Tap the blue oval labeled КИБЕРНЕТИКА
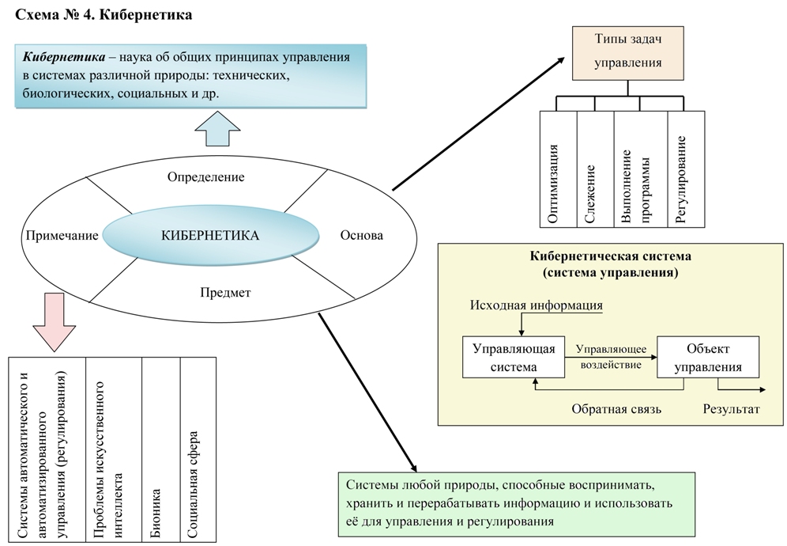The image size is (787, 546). coord(211,235)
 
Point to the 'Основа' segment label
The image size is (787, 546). coord(362,235)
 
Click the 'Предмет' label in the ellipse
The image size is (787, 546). coord(225,293)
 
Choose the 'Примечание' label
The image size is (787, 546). coord(62,235)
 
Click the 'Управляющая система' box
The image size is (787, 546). coord(513,357)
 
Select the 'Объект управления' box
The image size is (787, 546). coord(708,357)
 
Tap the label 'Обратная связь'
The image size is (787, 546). coord(616,409)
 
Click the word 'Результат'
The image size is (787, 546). coord(731,409)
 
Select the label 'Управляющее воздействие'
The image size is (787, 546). coord(612,358)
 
